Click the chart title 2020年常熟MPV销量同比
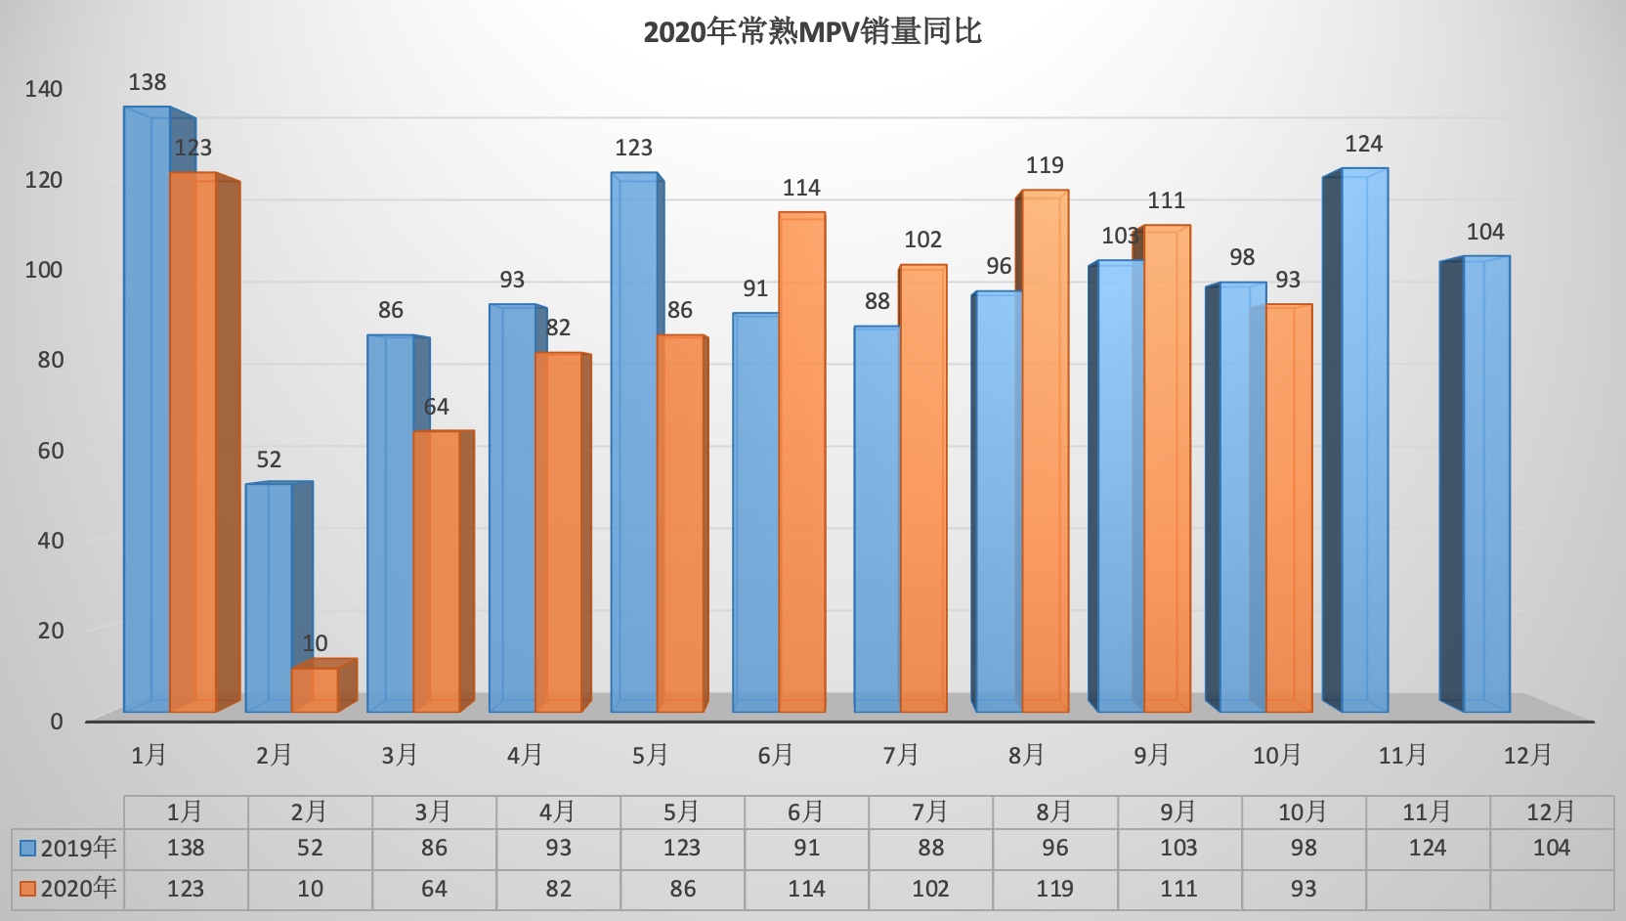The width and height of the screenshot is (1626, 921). pos(812,32)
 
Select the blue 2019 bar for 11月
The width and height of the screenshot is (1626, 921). pos(1364,440)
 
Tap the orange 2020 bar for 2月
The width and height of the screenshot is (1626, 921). pos(315,689)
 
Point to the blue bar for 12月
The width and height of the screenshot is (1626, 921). pos(1485,484)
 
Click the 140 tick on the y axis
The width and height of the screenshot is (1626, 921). pos(44,89)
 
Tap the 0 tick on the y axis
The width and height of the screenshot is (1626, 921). pos(57,722)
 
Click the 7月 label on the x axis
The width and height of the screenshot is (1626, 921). pos(901,755)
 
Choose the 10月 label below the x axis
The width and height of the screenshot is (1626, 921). pos(1277,755)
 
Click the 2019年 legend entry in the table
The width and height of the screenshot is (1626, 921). pos(68,848)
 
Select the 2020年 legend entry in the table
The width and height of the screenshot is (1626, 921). pos(68,889)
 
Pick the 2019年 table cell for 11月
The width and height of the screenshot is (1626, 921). pos(1428,848)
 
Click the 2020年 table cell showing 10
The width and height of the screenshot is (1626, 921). pos(310,889)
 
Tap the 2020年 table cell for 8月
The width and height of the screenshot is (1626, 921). pos(1054,889)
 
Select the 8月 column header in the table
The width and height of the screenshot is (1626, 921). pos(1054,811)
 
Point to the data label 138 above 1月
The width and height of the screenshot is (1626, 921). pos(148,83)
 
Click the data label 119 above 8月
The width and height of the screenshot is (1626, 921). pos(1045,166)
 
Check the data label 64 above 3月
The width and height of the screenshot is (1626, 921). pos(436,407)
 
